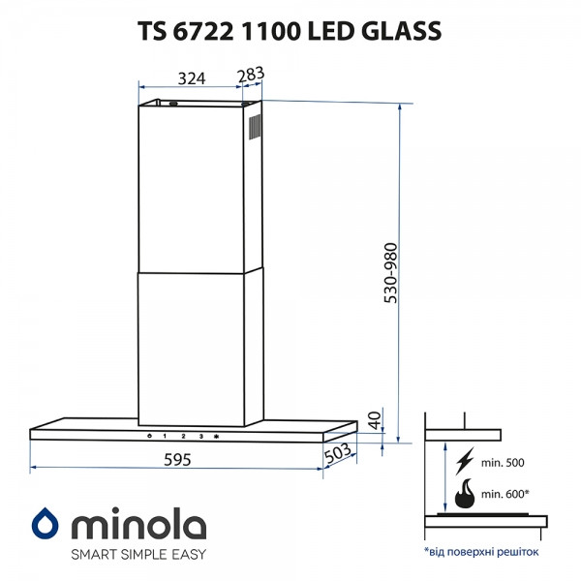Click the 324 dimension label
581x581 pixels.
(192, 76)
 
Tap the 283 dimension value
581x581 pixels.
(251, 75)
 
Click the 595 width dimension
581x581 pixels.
(176, 460)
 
